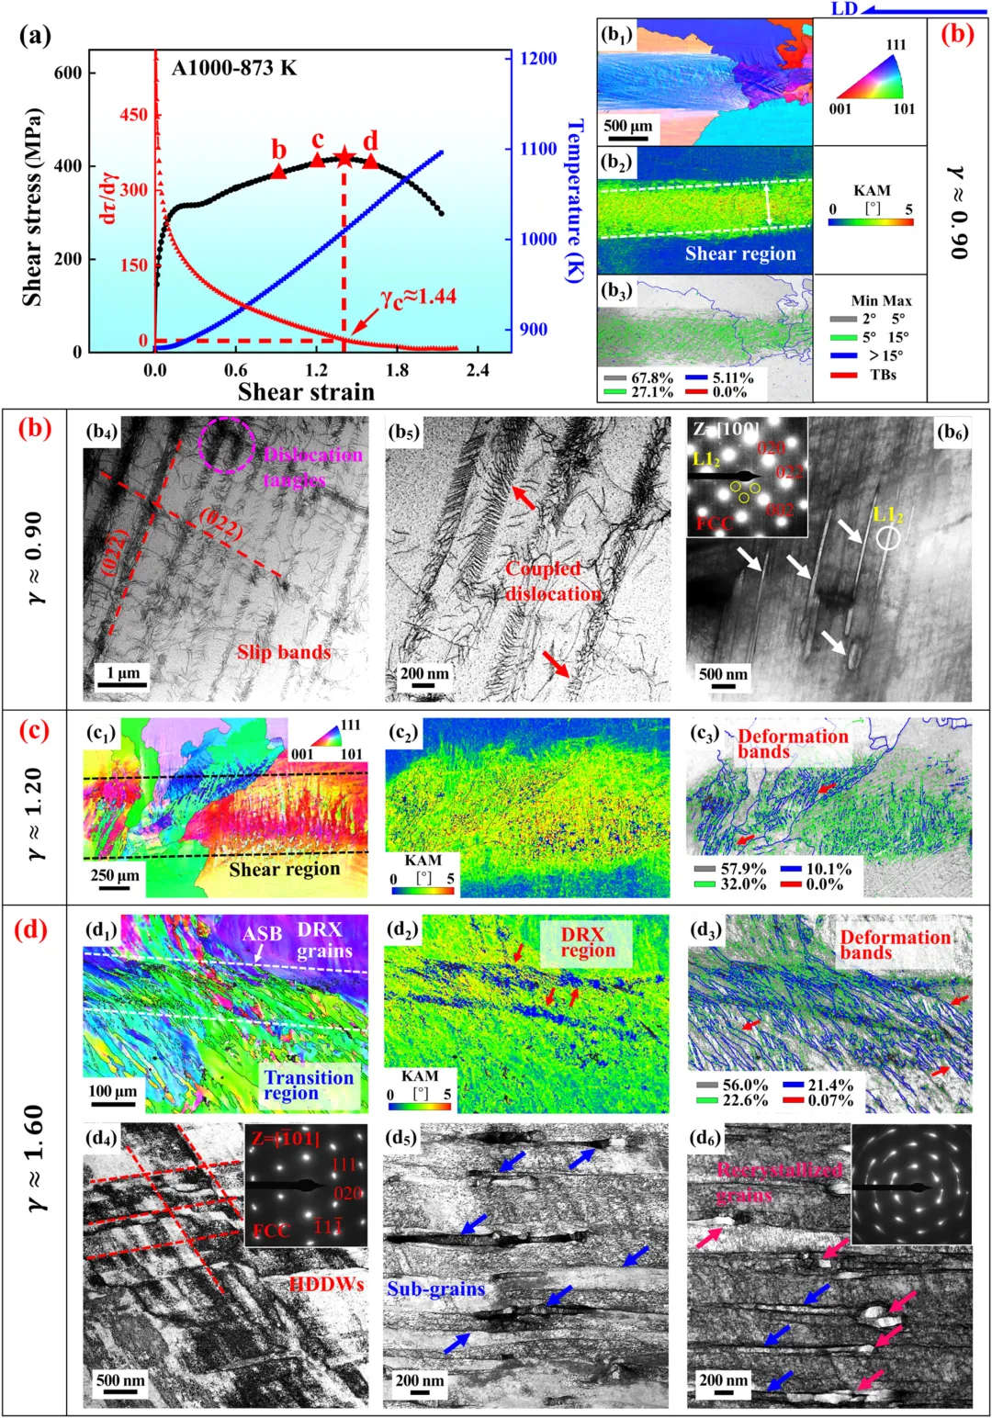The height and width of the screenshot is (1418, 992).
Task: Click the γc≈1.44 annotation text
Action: tap(418, 297)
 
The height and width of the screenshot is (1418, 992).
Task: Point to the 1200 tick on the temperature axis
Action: tap(537, 59)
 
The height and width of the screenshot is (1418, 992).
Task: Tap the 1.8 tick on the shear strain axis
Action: tap(397, 370)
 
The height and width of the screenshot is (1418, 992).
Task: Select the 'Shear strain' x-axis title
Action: tap(306, 392)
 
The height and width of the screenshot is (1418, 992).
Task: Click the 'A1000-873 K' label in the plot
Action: tap(234, 68)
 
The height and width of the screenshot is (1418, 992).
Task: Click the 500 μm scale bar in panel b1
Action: tap(627, 139)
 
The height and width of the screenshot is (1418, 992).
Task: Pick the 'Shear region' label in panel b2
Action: tap(740, 254)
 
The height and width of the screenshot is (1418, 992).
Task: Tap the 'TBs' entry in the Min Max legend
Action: tap(883, 375)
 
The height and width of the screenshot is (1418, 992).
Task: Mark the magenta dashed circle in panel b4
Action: tap(226, 445)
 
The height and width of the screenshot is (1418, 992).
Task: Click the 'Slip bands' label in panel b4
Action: tap(284, 652)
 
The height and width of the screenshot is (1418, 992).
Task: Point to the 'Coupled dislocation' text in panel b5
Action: tap(553, 581)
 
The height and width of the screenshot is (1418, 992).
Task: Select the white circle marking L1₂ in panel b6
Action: tap(888, 538)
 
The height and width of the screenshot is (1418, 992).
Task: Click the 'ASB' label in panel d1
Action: tap(262, 934)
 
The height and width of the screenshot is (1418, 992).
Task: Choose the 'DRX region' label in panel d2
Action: tap(582, 942)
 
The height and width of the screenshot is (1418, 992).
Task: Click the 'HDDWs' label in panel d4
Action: tap(326, 1284)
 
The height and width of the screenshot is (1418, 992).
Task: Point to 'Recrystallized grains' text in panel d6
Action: tap(779, 1182)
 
